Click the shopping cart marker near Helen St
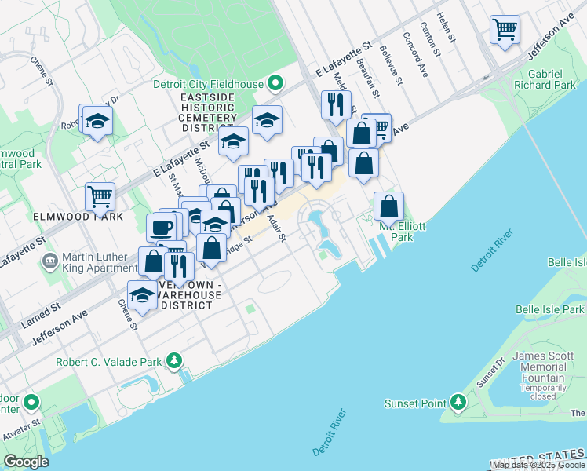pos(505,30)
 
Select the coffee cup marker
pos(162,228)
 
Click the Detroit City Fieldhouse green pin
pos(275,82)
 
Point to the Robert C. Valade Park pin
pos(173,362)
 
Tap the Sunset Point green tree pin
pos(459,403)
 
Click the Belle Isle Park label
pos(550,310)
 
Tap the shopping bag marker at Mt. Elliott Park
pos(388,206)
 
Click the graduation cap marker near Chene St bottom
pos(142,295)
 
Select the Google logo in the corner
pos(26,462)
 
